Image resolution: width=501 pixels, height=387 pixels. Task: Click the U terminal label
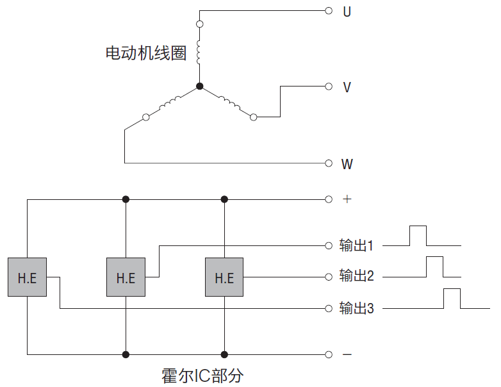(x=347, y=12)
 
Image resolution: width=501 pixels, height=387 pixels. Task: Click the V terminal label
(x=347, y=87)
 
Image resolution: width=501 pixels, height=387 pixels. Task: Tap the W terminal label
(x=347, y=164)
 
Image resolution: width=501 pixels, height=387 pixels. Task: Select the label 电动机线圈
(x=146, y=53)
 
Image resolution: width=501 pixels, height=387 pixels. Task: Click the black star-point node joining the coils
(x=200, y=86)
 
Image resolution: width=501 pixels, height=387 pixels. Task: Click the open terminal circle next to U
(x=329, y=11)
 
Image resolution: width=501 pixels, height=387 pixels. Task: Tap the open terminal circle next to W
(x=329, y=163)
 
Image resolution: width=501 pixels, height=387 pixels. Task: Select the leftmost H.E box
(x=28, y=277)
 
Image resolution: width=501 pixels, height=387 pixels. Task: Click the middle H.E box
(x=126, y=277)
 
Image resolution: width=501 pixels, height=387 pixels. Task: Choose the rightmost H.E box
(x=224, y=277)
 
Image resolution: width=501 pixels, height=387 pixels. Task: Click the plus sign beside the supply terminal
(x=347, y=199)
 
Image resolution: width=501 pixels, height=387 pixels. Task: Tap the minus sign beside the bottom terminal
(x=347, y=354)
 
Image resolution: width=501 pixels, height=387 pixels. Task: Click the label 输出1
(x=356, y=245)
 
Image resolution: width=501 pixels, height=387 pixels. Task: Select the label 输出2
(x=356, y=277)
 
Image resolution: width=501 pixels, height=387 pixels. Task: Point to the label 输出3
(x=356, y=309)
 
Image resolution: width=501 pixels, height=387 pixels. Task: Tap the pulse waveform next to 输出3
(x=452, y=299)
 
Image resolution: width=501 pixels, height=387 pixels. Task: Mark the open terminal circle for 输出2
(x=329, y=277)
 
